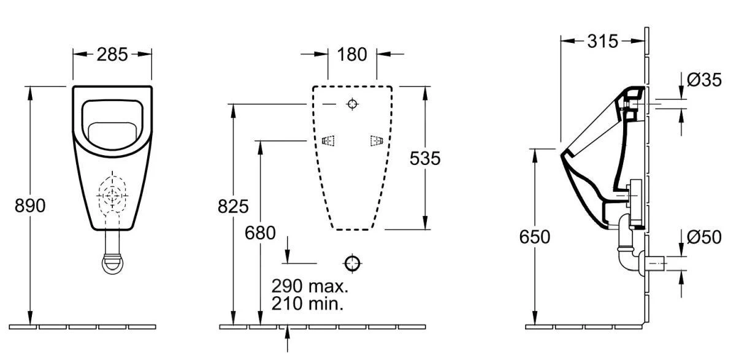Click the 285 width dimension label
112,55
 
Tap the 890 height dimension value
30,206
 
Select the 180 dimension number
352,55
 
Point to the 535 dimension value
425,158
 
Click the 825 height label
233,207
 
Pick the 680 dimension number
260,233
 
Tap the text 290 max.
310,286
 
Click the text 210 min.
307,304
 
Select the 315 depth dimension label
602,42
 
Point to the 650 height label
535,237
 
